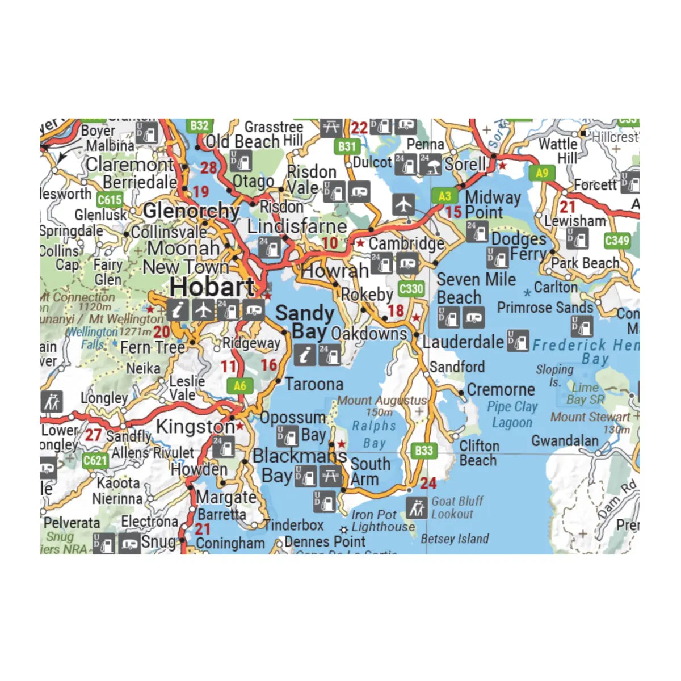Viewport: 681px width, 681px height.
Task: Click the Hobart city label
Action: point(212,287)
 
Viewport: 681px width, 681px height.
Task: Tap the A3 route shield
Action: point(444,196)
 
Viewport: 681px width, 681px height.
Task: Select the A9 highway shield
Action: point(542,173)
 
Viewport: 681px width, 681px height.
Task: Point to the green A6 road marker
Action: point(240,386)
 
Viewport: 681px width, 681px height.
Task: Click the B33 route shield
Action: point(423,451)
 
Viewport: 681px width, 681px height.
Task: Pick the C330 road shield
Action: point(411,289)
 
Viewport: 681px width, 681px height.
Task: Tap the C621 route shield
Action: point(95,460)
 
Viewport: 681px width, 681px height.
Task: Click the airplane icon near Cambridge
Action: point(403,204)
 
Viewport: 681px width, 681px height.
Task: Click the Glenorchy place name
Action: point(191,211)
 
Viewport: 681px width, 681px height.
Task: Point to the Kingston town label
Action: point(195,426)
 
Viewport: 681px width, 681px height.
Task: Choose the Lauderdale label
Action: point(463,342)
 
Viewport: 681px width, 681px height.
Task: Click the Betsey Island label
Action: point(455,539)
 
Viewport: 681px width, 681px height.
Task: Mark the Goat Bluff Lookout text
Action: point(457,507)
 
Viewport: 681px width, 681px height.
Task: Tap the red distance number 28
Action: point(208,167)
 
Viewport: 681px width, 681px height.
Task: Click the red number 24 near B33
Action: point(428,483)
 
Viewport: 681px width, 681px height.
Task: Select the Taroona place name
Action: point(314,384)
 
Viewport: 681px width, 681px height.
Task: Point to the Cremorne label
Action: point(501,390)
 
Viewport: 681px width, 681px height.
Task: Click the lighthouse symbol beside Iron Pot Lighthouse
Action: point(344,529)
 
